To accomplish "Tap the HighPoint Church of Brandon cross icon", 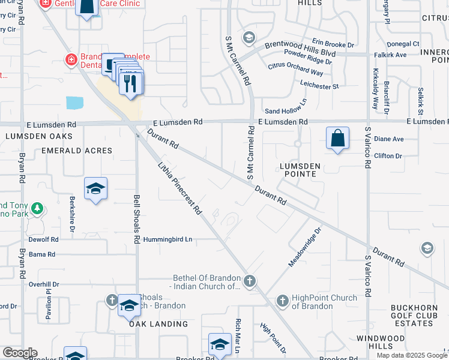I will [x=283, y=300].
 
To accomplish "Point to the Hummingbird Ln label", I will [x=167, y=239].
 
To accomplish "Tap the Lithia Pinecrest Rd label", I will [x=179, y=188].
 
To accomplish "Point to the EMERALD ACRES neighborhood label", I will [x=77, y=151].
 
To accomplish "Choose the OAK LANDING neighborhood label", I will [x=158, y=324].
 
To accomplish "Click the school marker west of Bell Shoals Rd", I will [x=95, y=190].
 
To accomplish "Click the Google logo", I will [x=20, y=353].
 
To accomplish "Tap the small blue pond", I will [x=76, y=102].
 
